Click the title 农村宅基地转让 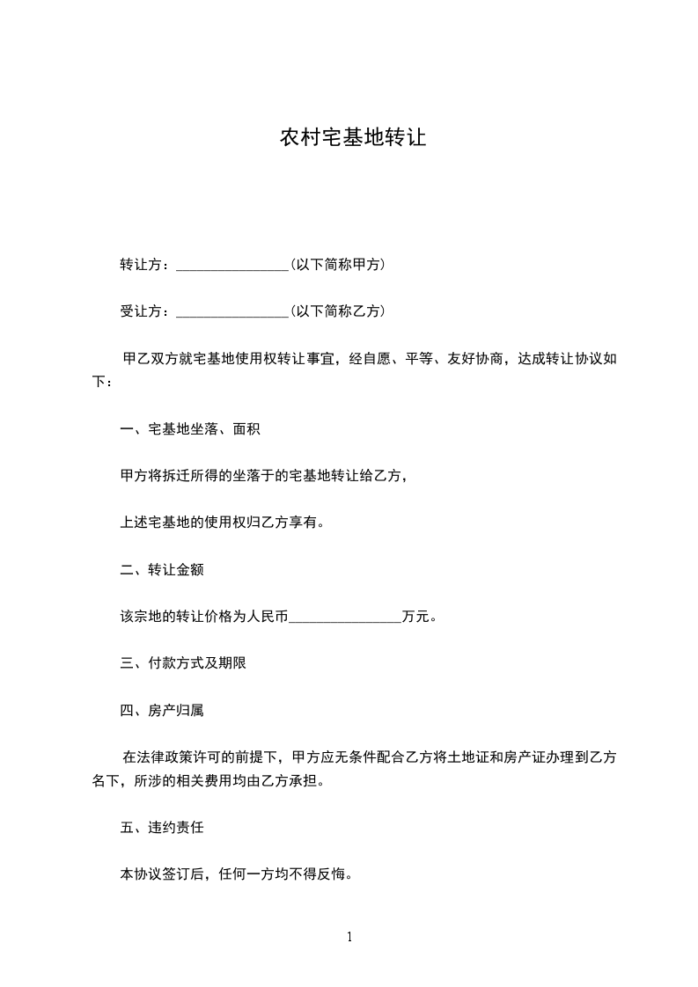[x=352, y=138]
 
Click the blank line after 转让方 [x=232, y=265]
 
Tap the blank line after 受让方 [x=232, y=311]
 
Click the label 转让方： [x=147, y=264]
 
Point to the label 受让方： [x=147, y=311]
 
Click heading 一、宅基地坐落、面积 [x=189, y=429]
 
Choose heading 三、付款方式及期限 [x=183, y=663]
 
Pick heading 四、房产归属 [x=162, y=710]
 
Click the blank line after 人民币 [x=345, y=618]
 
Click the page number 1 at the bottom [x=349, y=937]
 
